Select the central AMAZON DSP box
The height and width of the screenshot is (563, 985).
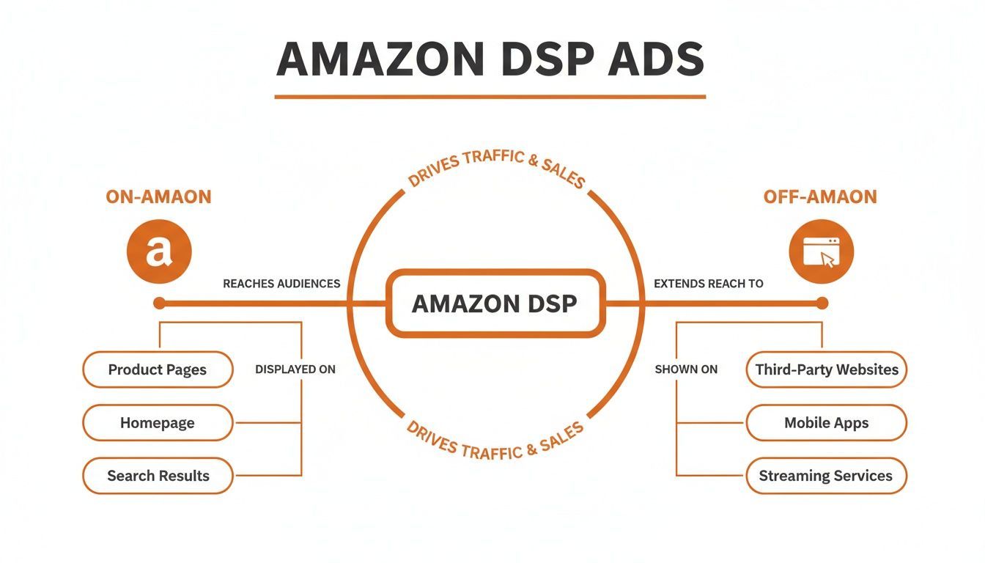[495, 303]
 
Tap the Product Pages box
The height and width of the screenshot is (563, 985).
[158, 369]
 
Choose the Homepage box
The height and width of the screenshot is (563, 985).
[158, 423]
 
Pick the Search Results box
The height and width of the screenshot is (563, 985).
[158, 476]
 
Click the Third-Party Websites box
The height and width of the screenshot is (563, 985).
[826, 369]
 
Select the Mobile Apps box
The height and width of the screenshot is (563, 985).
[826, 423]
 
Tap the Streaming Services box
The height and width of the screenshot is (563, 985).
[826, 476]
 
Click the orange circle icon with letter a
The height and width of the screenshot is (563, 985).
[159, 251]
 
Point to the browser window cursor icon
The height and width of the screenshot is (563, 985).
[821, 251]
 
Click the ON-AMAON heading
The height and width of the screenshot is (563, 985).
[158, 197]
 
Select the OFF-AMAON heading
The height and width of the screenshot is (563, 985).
[820, 197]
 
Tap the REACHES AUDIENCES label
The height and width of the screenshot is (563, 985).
[281, 284]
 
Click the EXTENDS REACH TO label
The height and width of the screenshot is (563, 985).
[708, 284]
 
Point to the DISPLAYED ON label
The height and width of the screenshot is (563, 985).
[295, 369]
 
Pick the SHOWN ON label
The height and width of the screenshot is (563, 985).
[686, 369]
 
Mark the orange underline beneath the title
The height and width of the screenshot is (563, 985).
[490, 96]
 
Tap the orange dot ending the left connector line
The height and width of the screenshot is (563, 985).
[160, 303]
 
